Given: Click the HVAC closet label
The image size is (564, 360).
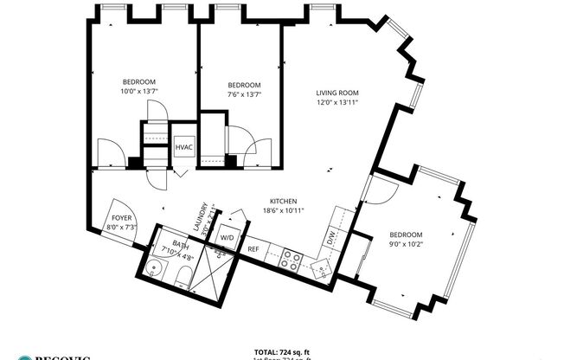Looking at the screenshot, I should pyautogui.click(x=184, y=147).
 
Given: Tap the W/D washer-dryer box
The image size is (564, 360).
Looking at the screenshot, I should pyautogui.click(x=228, y=237).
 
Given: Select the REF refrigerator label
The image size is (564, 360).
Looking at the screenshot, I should pyautogui.click(x=253, y=249).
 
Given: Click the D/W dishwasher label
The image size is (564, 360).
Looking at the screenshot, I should pyautogui.click(x=330, y=235).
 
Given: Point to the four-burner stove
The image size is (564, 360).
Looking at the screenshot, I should pyautogui.click(x=290, y=260).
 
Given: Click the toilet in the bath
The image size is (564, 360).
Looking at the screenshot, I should pyautogui.click(x=183, y=277).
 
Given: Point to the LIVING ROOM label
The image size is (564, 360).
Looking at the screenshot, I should pyautogui.click(x=336, y=93).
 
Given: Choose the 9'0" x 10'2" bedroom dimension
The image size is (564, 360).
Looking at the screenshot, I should pyautogui.click(x=405, y=245).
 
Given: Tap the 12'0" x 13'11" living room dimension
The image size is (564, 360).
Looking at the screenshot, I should pyautogui.click(x=336, y=102).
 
